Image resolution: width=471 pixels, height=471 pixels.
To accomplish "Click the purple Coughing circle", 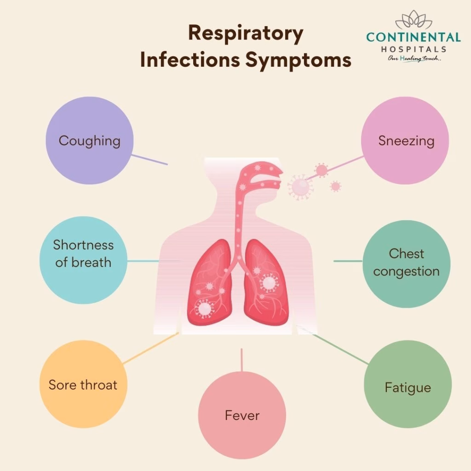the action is pos(90,141).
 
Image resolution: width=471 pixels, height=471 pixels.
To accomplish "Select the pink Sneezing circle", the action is pos(405,141).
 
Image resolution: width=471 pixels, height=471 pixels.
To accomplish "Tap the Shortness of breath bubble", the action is pos(84,260).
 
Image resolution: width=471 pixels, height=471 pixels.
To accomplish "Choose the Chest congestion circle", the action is pos(407,264).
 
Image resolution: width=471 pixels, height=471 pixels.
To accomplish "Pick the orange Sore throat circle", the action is pos(84,384).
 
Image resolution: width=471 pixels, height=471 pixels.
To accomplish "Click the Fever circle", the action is pos(242,415).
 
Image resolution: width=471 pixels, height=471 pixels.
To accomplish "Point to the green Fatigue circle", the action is pos(408,384).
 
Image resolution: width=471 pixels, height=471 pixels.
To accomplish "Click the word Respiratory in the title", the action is pos(246,34).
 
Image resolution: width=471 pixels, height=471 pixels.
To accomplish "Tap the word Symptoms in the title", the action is pos(298,60).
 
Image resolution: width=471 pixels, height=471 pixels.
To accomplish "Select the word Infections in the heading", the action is pos(190,59).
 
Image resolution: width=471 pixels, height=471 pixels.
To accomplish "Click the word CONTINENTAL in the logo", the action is pos(414,37).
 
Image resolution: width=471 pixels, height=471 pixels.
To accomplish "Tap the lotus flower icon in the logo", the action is pos(414,20).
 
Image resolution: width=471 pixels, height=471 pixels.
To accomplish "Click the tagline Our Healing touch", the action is pos(414,58).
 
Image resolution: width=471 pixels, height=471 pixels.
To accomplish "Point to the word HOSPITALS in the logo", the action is pos(414,49).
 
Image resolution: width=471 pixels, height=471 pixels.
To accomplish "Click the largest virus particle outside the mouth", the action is pos(300,187).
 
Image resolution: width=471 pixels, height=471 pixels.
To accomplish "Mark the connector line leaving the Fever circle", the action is pos(242,360).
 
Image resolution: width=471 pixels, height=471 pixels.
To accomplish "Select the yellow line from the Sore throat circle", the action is pos(151,349).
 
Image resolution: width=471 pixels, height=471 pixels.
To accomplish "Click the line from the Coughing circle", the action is pos(149,160).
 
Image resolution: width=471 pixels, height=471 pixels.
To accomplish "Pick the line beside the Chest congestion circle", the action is pos(348,261).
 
